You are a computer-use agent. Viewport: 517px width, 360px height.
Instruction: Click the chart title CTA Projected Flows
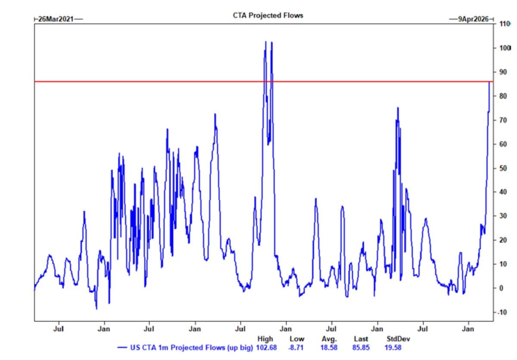tap(268, 15)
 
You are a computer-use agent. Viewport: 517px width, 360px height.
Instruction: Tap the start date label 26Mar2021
tap(56, 19)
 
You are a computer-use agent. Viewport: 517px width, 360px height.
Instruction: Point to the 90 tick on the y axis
tap(501, 72)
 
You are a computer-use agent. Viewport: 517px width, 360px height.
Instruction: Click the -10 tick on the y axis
tap(501, 312)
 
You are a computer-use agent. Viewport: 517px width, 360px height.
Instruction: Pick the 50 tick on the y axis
tap(501, 168)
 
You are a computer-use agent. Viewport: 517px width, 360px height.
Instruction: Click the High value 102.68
tap(267, 347)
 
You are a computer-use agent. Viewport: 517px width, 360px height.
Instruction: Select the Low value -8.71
tap(296, 347)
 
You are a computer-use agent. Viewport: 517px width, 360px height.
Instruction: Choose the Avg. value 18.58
tap(329, 347)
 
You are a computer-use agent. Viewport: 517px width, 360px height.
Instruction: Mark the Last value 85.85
tap(361, 347)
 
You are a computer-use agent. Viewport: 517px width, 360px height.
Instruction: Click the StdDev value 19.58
tap(392, 347)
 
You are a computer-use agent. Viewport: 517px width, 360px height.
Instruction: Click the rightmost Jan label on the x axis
tap(468, 329)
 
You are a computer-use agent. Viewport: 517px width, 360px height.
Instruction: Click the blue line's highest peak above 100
tap(265, 42)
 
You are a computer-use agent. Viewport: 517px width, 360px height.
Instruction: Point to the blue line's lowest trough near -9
tap(97, 309)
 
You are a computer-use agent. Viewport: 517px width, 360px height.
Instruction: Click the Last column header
tap(361, 339)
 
